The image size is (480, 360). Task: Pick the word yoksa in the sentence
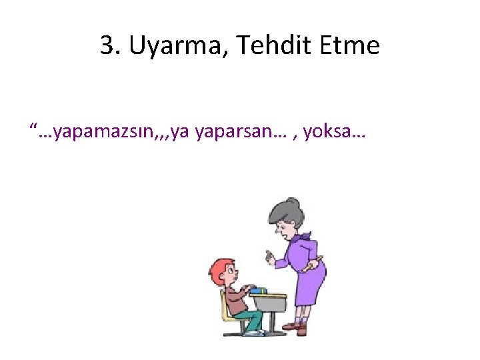tap(325, 133)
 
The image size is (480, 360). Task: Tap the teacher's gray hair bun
tap(296, 206)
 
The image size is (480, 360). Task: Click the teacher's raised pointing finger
tap(268, 255)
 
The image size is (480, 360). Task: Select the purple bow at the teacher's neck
tap(303, 237)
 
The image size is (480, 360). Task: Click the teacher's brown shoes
tap(300, 328)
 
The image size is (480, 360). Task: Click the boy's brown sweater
tap(234, 297)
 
